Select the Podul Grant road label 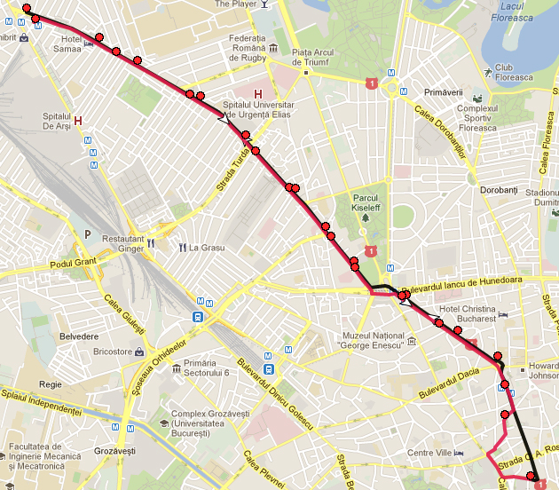(x=73, y=264)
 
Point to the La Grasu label (x=207, y=248)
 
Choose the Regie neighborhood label (x=51, y=385)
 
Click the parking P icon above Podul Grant (x=88, y=234)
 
